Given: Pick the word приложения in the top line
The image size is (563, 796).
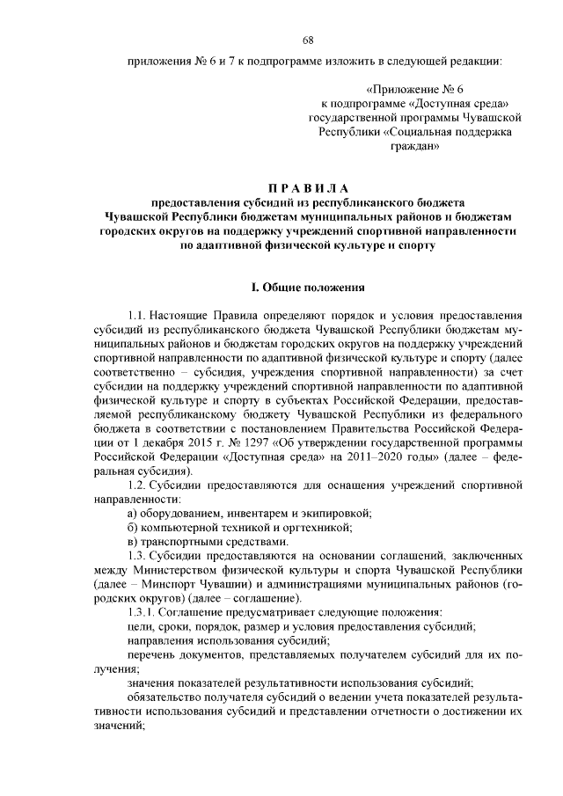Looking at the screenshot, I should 157,61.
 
